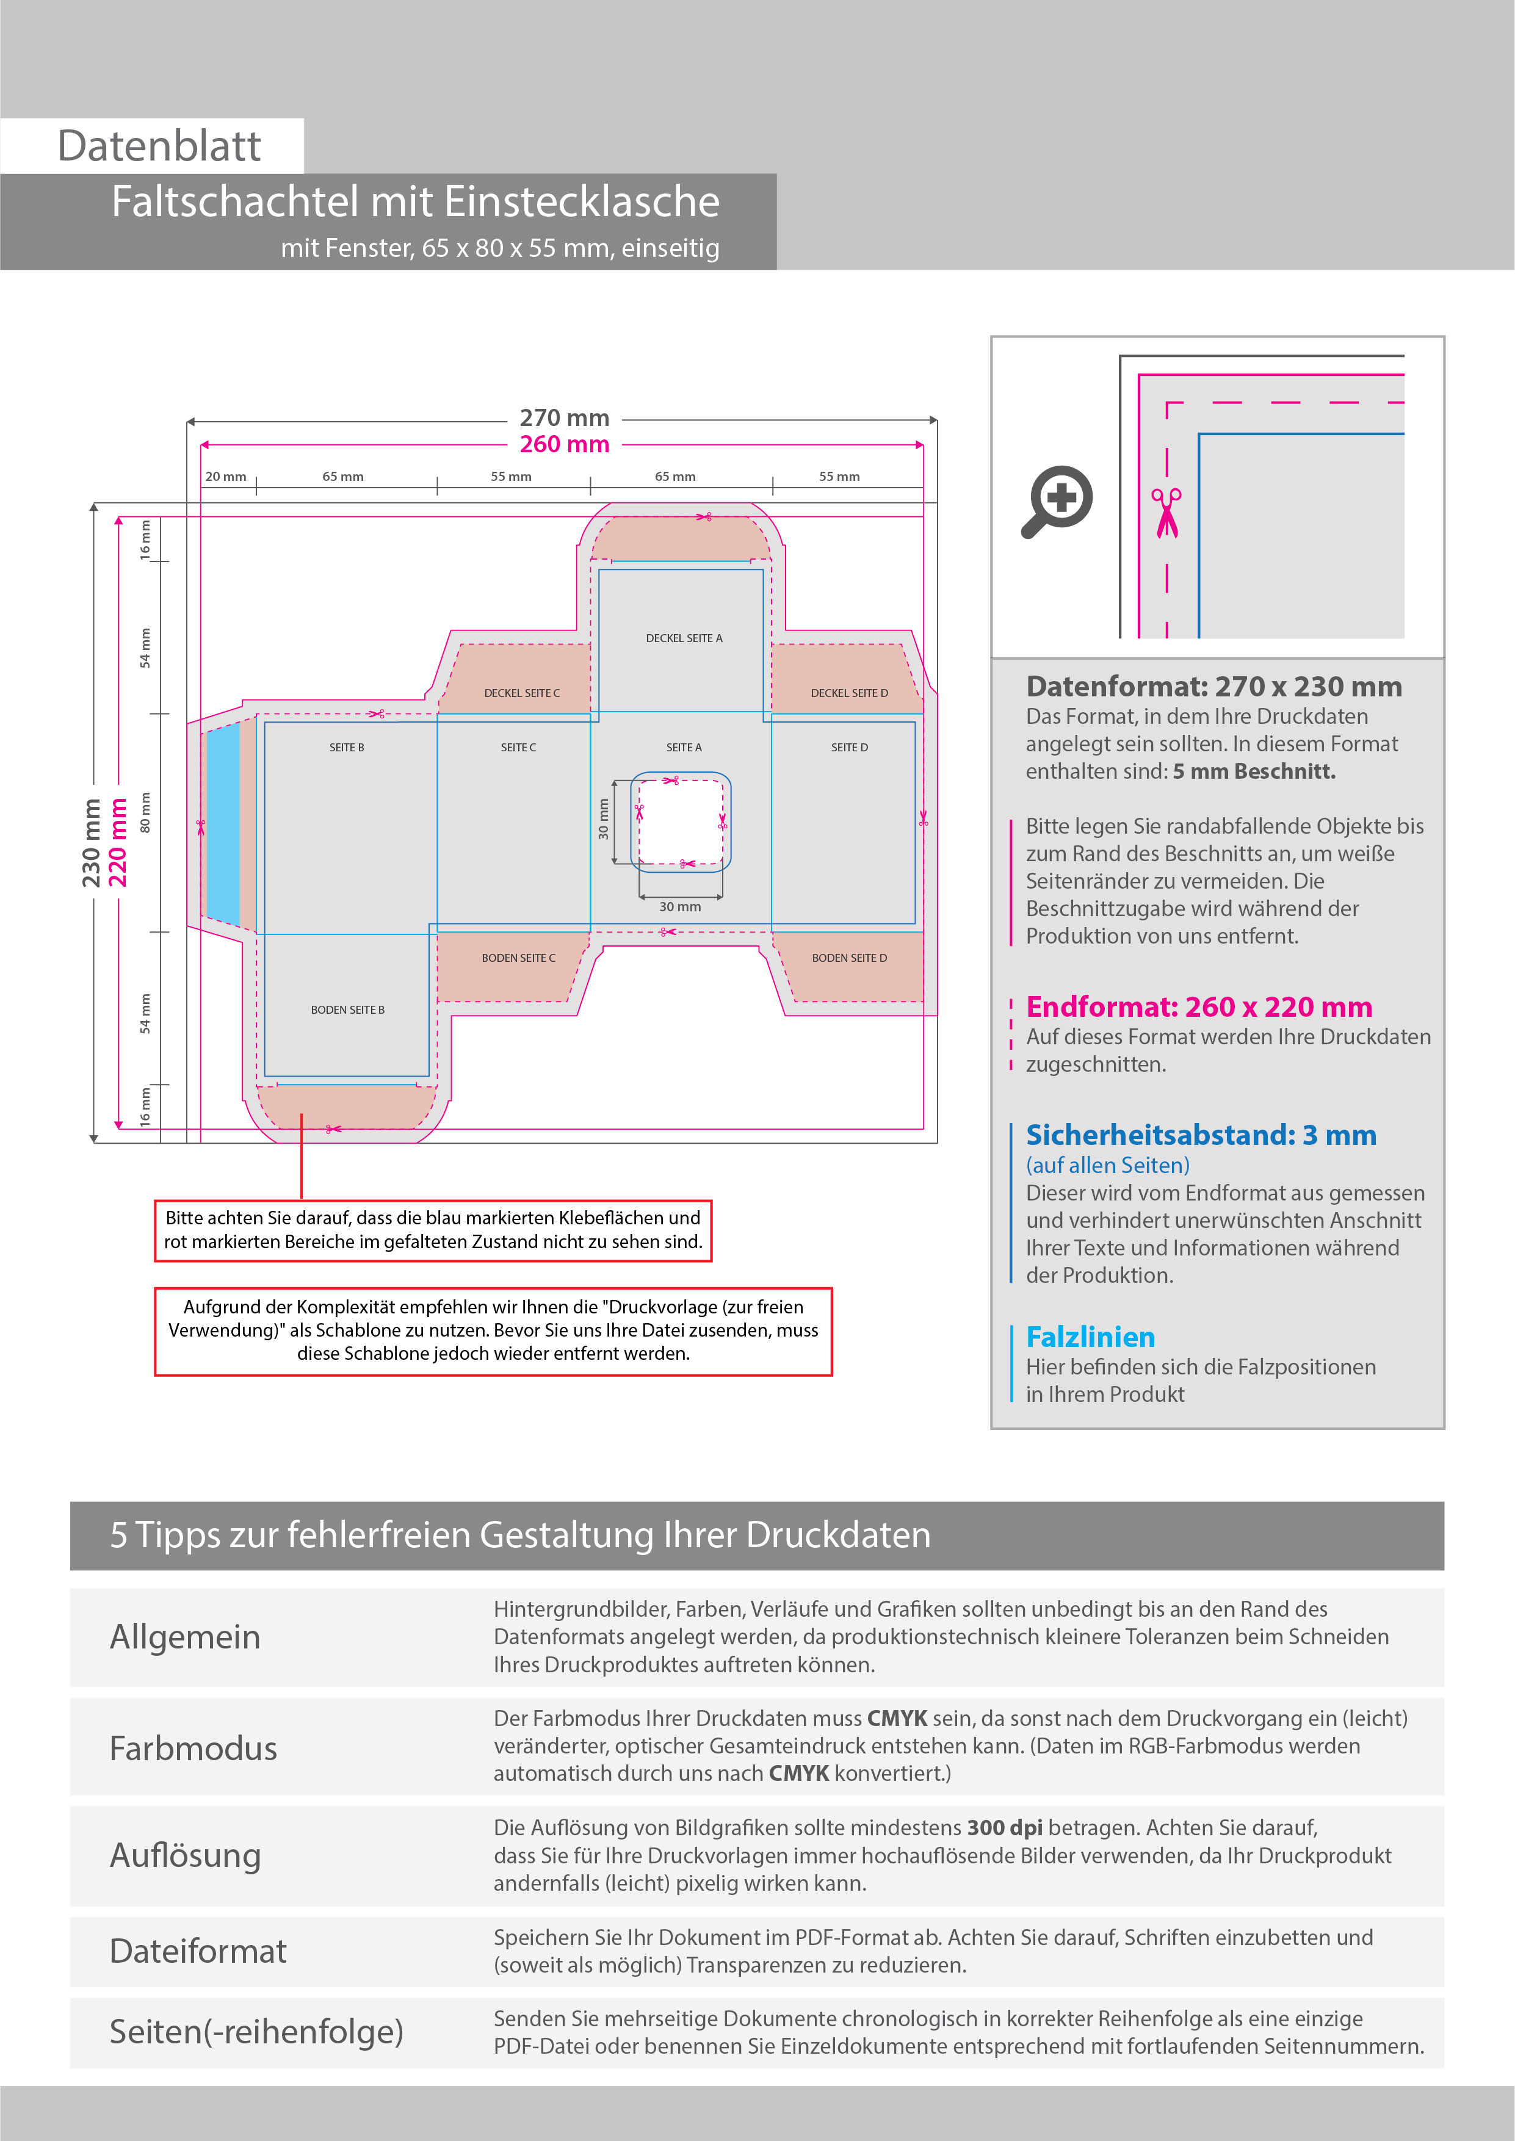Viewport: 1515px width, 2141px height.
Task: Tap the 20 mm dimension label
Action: tap(226, 477)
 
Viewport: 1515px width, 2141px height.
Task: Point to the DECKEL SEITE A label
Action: tap(684, 638)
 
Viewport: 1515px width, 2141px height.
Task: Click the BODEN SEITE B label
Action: tap(347, 1010)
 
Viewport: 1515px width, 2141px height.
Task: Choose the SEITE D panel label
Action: tap(849, 747)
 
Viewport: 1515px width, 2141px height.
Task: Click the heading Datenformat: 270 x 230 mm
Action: tap(1213, 687)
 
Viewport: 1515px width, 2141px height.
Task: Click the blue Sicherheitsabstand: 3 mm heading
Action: tap(1201, 1135)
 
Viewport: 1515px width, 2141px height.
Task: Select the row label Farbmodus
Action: tap(193, 1749)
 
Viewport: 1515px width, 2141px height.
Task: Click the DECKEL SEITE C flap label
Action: tap(521, 693)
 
